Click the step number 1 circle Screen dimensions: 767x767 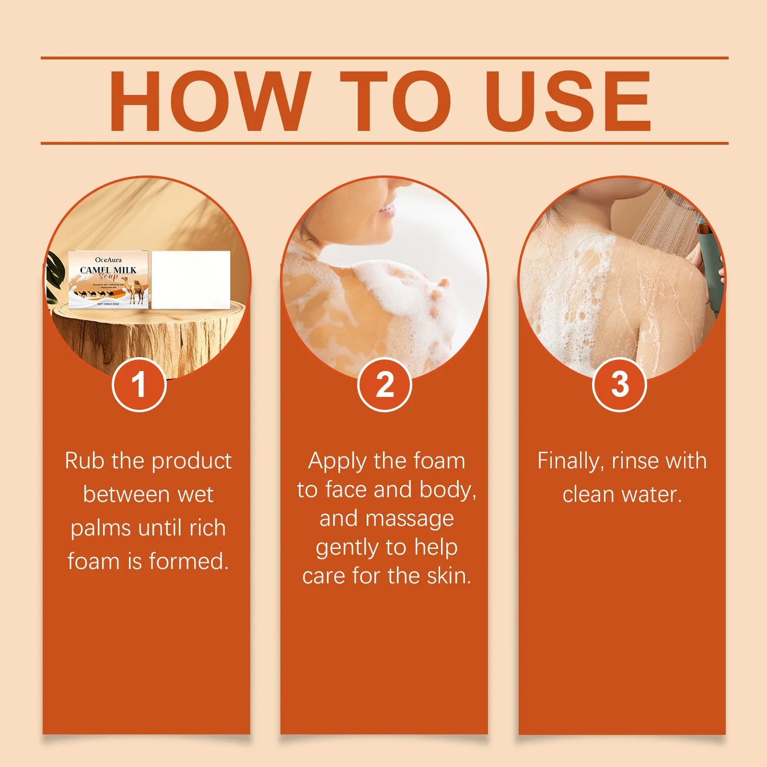pos(139,385)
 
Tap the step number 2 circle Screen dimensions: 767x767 pos(384,385)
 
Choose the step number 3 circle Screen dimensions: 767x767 pos(619,385)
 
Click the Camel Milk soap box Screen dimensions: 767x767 pos(109,280)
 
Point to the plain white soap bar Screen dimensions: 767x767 pos(191,280)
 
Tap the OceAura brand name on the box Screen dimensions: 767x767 pos(108,260)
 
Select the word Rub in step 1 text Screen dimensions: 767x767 pos(85,461)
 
